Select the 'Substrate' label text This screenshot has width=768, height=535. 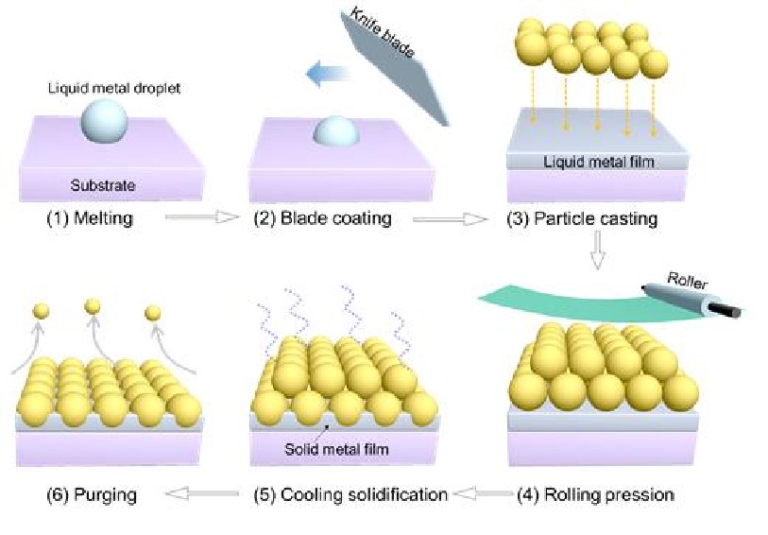click(x=103, y=185)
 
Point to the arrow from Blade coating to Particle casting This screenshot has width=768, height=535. click(x=448, y=218)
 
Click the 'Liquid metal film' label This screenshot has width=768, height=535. click(x=599, y=162)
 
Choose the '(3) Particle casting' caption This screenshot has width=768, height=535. click(x=582, y=218)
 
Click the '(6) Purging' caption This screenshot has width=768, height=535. click(x=92, y=493)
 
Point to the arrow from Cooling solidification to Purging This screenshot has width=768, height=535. click(x=201, y=493)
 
